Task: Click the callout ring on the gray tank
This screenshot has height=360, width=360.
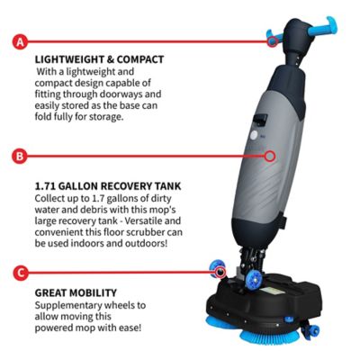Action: coord(270,155)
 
